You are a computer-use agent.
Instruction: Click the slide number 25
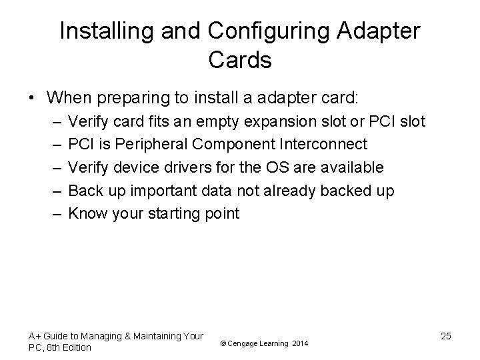point(445,336)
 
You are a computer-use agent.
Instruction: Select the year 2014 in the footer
point(300,343)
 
